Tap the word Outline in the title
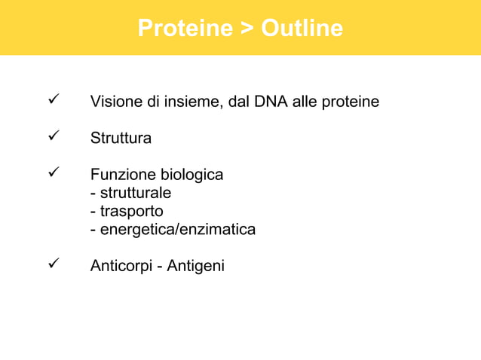click(x=302, y=29)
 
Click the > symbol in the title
click(x=247, y=29)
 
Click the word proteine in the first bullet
click(x=351, y=101)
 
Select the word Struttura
click(x=121, y=139)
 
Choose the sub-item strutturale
click(x=134, y=193)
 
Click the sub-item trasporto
click(x=130, y=211)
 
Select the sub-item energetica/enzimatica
click(x=176, y=229)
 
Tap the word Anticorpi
click(x=121, y=266)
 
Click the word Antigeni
click(x=196, y=266)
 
